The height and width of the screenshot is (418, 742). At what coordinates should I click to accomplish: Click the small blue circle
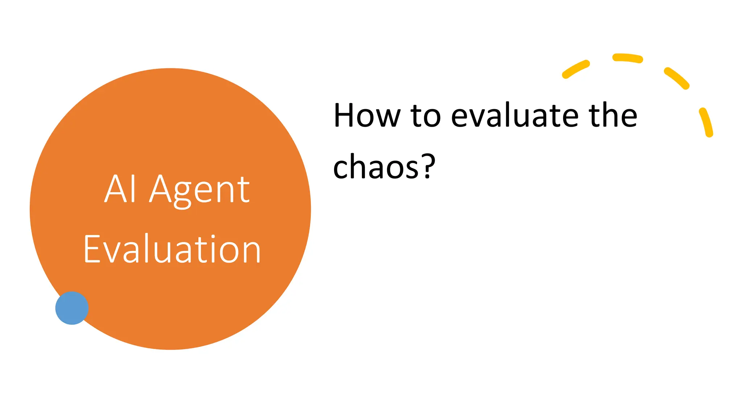[x=72, y=308]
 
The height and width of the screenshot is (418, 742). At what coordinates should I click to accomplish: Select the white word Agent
[x=200, y=190]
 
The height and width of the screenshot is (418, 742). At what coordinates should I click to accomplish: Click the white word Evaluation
[x=172, y=249]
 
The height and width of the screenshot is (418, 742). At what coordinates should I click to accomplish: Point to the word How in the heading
[x=367, y=116]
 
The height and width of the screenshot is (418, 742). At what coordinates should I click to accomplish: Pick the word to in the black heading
[x=425, y=116]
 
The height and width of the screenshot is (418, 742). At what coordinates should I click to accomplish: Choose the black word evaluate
[x=514, y=116]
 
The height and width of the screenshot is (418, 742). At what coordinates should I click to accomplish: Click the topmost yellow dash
[x=628, y=58]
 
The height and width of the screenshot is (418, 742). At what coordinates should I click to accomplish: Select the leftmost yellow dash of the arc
[x=576, y=69]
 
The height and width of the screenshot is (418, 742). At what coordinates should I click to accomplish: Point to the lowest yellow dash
[x=706, y=122]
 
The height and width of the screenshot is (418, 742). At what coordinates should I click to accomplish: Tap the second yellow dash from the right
[x=676, y=78]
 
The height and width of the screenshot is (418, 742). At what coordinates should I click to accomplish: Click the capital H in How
[x=344, y=116]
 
